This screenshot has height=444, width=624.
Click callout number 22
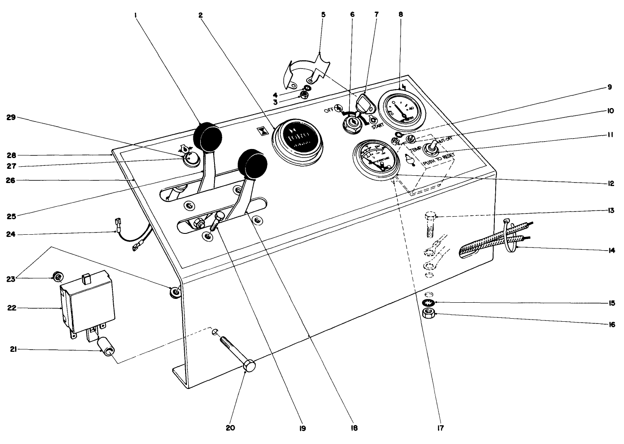point(12,308)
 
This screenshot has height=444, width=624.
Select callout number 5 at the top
point(323,15)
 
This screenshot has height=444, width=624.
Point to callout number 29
point(12,118)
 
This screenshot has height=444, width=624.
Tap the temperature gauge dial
point(374,156)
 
